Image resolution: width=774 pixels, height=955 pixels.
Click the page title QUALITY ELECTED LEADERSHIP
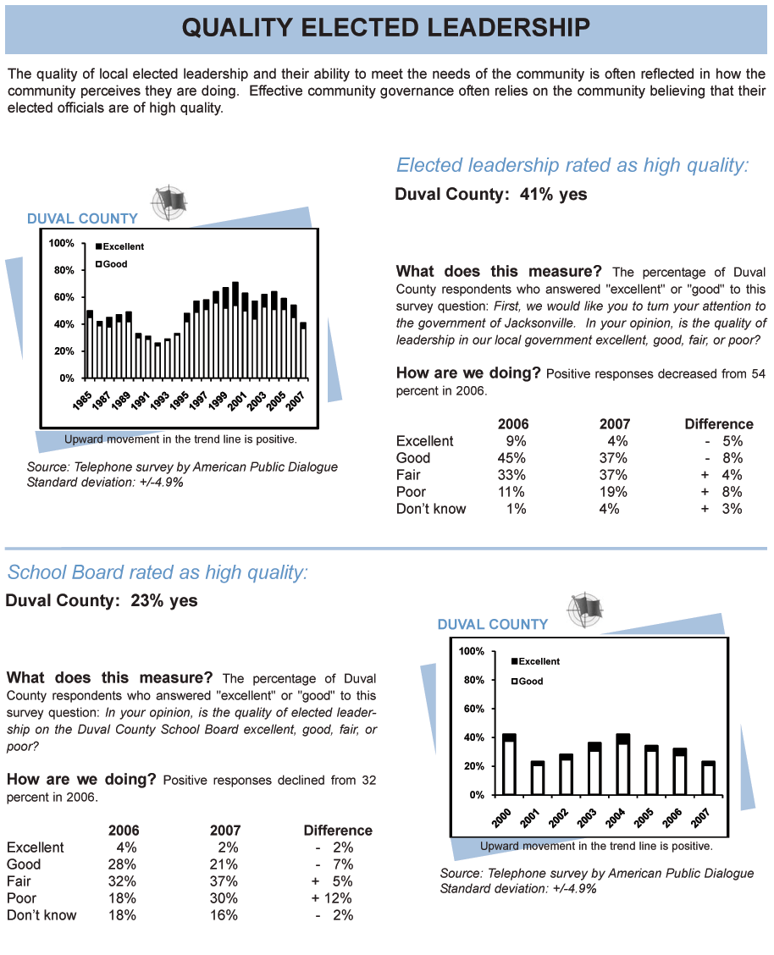385,27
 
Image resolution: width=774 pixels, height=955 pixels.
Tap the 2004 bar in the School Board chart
623,765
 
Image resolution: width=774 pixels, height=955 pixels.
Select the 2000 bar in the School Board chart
509,765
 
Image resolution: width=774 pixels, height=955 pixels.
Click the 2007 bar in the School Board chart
708,778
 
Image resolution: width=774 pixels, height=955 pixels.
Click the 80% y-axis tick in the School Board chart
473,680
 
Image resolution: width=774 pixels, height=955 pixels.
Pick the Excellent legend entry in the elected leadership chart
119,246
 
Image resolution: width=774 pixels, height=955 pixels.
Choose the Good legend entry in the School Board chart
527,681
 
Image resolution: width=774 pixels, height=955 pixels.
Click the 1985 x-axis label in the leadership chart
82,400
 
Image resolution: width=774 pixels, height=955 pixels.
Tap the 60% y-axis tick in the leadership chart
64,297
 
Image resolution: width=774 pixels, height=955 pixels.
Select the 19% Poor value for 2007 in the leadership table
612,492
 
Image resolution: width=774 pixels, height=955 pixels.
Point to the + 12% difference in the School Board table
332,897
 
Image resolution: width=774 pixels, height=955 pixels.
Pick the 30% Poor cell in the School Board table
224,897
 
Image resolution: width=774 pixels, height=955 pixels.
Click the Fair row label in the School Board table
19,880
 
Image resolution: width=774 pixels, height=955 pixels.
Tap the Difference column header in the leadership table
719,424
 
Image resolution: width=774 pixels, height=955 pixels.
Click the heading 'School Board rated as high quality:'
158,572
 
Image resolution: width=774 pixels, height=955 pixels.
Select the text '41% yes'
554,194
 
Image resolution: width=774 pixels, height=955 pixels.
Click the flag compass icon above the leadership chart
169,202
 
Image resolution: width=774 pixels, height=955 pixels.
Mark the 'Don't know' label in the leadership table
431,509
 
